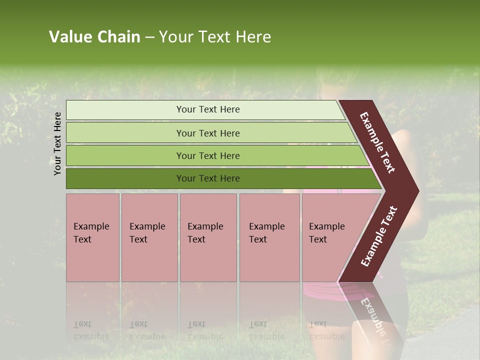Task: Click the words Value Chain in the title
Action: click(x=94, y=37)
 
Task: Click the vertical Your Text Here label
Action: click(x=57, y=143)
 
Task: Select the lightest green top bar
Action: click(x=125, y=109)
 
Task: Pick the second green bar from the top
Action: click(x=125, y=133)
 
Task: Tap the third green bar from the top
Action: click(x=125, y=155)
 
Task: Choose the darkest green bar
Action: click(x=125, y=178)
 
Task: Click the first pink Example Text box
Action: click(x=92, y=237)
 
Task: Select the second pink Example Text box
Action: click(x=149, y=237)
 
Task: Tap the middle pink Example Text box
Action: click(x=208, y=237)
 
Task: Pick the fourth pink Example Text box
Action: click(x=269, y=237)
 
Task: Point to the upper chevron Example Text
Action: click(x=377, y=142)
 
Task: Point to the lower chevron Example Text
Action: click(x=379, y=236)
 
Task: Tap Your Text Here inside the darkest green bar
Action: click(x=208, y=178)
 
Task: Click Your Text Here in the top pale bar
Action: click(x=208, y=109)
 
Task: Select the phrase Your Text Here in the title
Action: click(x=215, y=37)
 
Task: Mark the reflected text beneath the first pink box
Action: click(x=91, y=330)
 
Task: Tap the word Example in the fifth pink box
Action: click(x=327, y=226)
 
